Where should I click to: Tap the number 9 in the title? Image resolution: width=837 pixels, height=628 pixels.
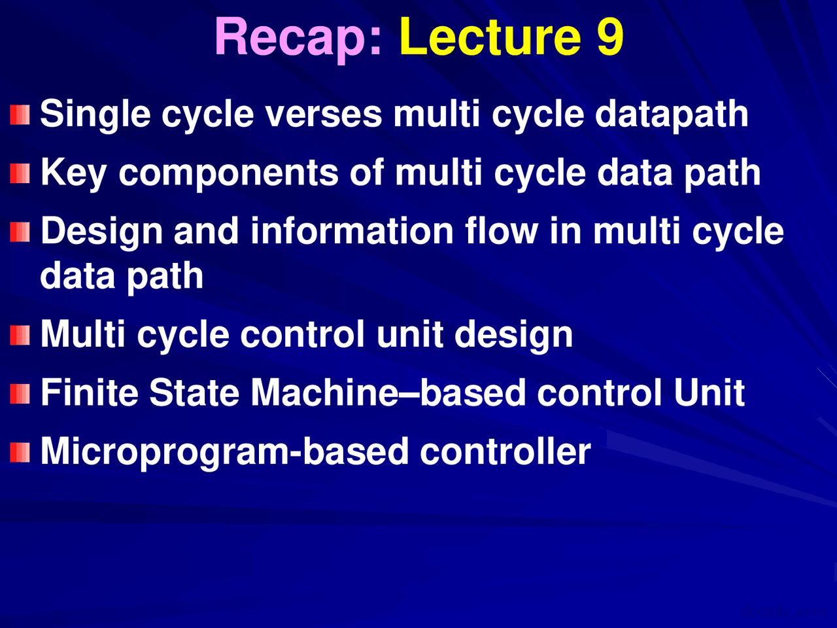pyautogui.click(x=609, y=36)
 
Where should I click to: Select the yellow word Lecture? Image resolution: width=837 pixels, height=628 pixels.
pyautogui.click(x=490, y=36)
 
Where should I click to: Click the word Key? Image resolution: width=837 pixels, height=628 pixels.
pyautogui.click(x=73, y=173)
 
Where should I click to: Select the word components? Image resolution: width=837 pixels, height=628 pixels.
pyautogui.click(x=228, y=174)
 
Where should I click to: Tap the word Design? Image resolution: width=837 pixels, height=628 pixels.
pyautogui.click(x=102, y=232)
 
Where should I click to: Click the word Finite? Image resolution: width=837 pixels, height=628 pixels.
pyautogui.click(x=90, y=392)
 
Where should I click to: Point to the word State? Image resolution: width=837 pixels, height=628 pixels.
pyautogui.click(x=194, y=392)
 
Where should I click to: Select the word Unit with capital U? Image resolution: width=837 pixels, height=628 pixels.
pyautogui.click(x=709, y=392)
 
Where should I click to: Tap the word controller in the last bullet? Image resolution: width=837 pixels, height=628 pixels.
pyautogui.click(x=505, y=451)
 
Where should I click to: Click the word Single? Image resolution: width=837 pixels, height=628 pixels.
pyautogui.click(x=95, y=114)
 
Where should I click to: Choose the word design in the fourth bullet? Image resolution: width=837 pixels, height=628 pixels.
pyautogui.click(x=513, y=334)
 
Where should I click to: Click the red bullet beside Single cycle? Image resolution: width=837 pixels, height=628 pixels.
pyautogui.click(x=20, y=114)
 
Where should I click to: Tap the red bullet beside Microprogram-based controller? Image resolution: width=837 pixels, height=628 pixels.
pyautogui.click(x=20, y=452)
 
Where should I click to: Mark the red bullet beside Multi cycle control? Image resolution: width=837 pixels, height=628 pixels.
pyautogui.click(x=20, y=335)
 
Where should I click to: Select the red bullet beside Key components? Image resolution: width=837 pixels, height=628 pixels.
pyautogui.click(x=20, y=173)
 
